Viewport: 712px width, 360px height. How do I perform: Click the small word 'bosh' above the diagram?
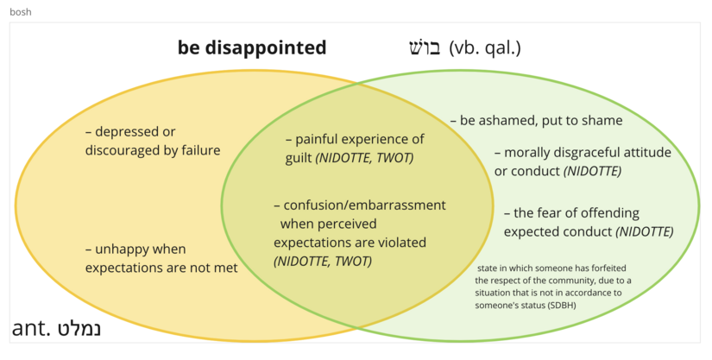tap(21, 12)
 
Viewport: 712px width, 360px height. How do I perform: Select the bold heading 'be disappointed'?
tap(252, 47)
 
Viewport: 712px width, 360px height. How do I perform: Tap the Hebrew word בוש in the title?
tap(424, 47)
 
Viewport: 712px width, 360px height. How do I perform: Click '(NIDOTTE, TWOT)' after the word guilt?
tap(364, 158)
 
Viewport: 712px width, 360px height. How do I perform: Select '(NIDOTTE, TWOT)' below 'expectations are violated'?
tap(322, 261)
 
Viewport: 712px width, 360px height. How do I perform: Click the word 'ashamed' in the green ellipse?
tap(502, 121)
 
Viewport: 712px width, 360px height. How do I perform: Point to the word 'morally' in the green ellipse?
tap(529, 152)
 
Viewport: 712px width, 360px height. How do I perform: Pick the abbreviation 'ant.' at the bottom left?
tap(31, 330)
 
